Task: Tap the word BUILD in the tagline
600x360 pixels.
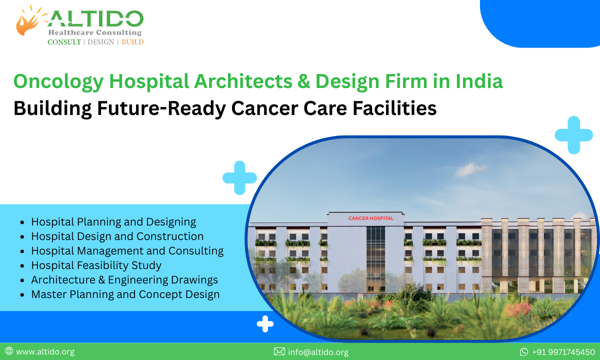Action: (132, 42)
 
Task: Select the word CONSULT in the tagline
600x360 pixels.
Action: (64, 42)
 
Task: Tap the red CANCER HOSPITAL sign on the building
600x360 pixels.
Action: (370, 218)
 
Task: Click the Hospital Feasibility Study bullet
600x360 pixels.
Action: (96, 265)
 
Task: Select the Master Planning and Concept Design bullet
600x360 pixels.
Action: (125, 294)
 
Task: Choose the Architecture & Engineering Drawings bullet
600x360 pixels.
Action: (124, 279)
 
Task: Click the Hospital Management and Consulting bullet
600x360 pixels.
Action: (127, 250)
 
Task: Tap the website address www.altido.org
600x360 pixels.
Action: (45, 352)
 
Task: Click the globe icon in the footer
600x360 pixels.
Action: (9, 351)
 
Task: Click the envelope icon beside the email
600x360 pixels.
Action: (279, 352)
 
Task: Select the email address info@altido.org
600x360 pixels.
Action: (318, 352)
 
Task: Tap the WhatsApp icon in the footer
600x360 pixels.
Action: (524, 352)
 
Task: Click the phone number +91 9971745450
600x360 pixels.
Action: (563, 352)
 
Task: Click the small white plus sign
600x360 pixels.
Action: (265, 324)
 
